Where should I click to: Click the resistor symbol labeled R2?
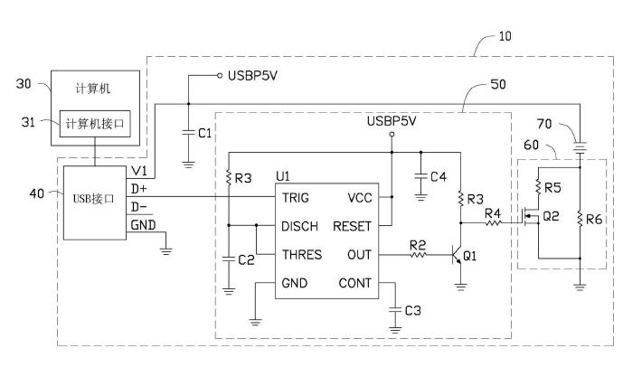tap(417, 256)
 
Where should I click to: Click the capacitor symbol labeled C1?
tap(188, 132)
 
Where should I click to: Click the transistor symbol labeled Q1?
tap(456, 256)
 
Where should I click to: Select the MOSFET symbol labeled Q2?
tap(529, 220)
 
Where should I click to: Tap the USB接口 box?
tap(94, 198)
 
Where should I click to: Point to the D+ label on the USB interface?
tap(140, 188)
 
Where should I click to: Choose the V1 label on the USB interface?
tap(138, 169)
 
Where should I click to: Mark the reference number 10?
tap(504, 37)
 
